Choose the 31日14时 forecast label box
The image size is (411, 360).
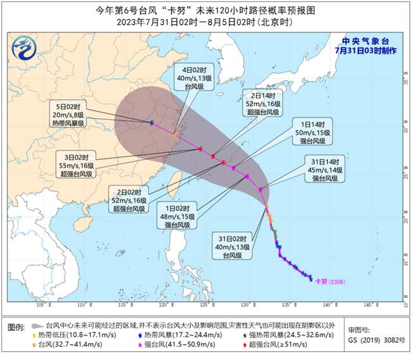(324, 169)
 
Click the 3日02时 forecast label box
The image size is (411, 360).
(78, 165)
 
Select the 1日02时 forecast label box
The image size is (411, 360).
(181, 215)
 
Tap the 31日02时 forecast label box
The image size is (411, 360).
(231, 247)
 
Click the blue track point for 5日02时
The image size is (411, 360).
(152, 123)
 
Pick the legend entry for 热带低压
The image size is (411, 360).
(69, 333)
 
